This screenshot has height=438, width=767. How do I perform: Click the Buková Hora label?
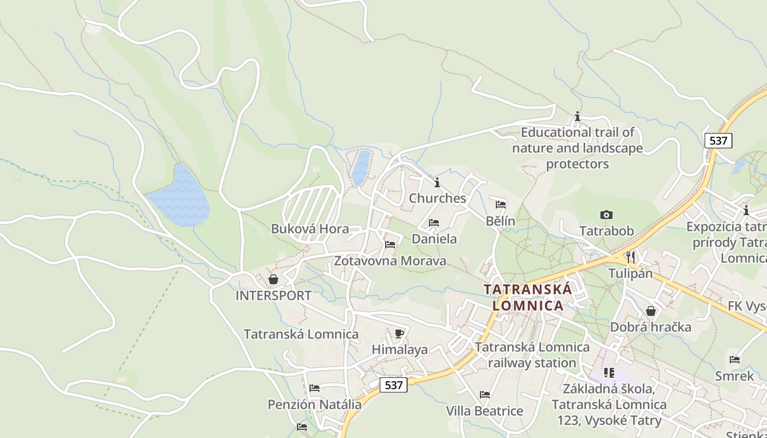tap(310, 228)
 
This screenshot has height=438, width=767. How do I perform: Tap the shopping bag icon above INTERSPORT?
tap(273, 280)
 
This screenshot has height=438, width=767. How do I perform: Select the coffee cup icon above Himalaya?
tap(399, 333)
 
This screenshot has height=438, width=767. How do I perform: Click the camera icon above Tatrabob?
tap(606, 215)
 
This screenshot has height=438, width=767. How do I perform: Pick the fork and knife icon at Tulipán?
tap(630, 257)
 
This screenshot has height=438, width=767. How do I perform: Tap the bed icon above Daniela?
tap(434, 223)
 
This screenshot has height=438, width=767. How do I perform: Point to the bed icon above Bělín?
tap(501, 205)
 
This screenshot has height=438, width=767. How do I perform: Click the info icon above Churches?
tap(437, 182)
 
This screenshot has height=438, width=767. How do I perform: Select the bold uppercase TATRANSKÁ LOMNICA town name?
tap(528, 297)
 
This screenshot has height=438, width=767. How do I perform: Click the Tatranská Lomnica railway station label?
tap(532, 355)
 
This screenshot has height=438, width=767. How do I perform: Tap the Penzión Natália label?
tap(314, 405)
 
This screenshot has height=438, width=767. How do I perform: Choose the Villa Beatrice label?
tap(484, 411)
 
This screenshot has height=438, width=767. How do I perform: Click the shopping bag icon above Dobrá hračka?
tap(651, 311)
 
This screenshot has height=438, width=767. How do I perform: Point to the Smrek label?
tap(734, 376)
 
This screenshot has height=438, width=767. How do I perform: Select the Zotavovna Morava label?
tap(390, 261)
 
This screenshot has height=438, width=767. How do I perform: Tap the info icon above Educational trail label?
tap(577, 116)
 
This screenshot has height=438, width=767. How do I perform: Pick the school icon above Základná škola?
tap(609, 373)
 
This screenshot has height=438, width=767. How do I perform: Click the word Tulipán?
tap(630, 273)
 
